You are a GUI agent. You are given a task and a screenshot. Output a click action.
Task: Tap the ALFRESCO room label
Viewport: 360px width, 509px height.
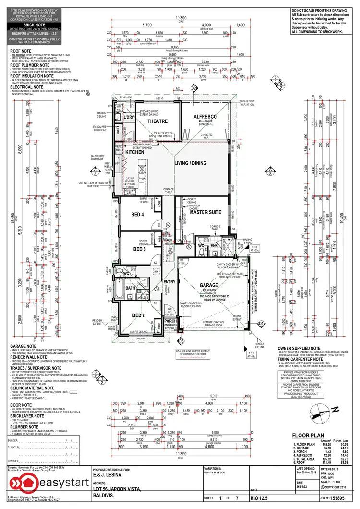coord(206,117)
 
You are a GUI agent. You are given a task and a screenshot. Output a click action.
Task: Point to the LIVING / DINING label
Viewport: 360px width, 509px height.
coord(191,163)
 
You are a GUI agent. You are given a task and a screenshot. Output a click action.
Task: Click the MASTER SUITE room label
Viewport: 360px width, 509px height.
coord(205,212)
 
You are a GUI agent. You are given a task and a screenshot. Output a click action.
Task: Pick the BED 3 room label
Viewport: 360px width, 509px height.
coord(139,249)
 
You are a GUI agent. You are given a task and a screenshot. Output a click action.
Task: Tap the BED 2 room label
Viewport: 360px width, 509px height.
coord(139,315)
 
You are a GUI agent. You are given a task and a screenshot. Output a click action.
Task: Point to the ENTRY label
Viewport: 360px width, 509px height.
coord(169,282)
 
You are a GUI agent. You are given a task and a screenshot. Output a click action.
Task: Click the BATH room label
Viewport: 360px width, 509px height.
coord(131,288)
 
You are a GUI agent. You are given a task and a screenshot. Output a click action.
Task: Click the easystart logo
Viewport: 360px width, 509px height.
coord(38,485)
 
